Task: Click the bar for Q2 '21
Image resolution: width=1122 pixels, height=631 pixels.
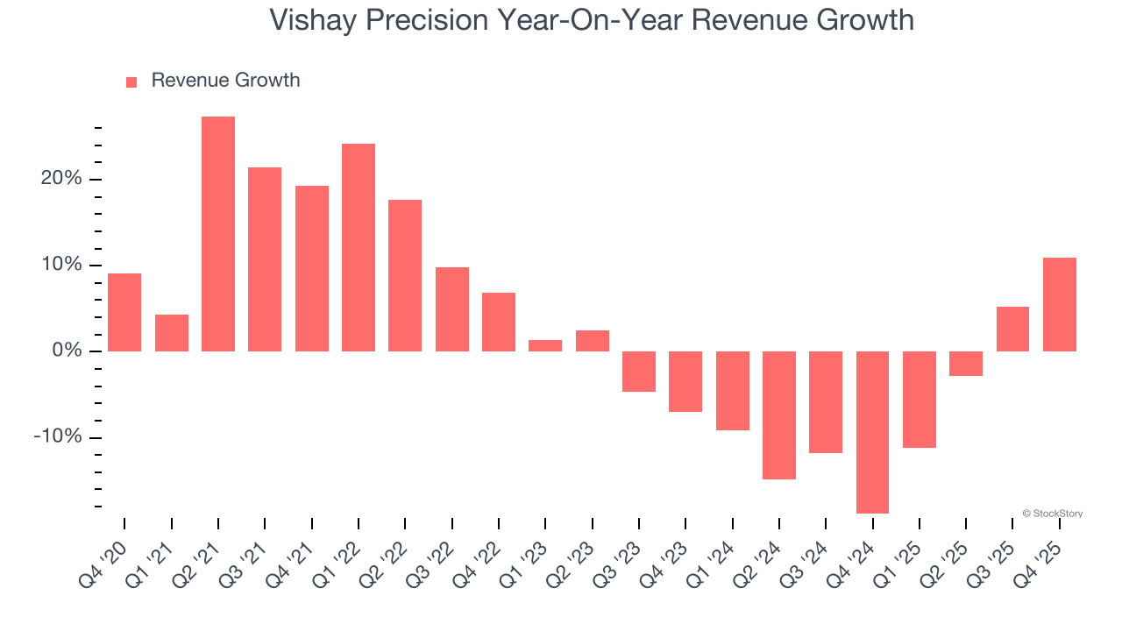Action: (218, 234)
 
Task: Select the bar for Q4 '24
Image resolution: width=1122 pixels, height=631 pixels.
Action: (873, 432)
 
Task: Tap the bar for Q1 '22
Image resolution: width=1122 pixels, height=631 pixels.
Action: (359, 247)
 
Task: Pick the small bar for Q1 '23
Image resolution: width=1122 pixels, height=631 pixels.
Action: (545, 346)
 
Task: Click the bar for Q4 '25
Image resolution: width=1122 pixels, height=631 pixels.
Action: (1060, 304)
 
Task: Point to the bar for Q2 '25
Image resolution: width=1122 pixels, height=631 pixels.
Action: (966, 364)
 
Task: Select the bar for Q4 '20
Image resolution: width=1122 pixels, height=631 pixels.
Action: (124, 312)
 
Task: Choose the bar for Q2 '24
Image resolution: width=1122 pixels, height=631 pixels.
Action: (779, 415)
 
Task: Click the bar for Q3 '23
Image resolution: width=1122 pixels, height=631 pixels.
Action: (639, 372)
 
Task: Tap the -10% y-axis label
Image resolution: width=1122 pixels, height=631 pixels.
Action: (57, 437)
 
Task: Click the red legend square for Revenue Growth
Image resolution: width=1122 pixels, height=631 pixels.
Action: (131, 82)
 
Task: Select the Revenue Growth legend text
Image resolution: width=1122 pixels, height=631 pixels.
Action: (225, 81)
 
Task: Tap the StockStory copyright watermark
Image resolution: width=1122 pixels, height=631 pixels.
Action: (1052, 514)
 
